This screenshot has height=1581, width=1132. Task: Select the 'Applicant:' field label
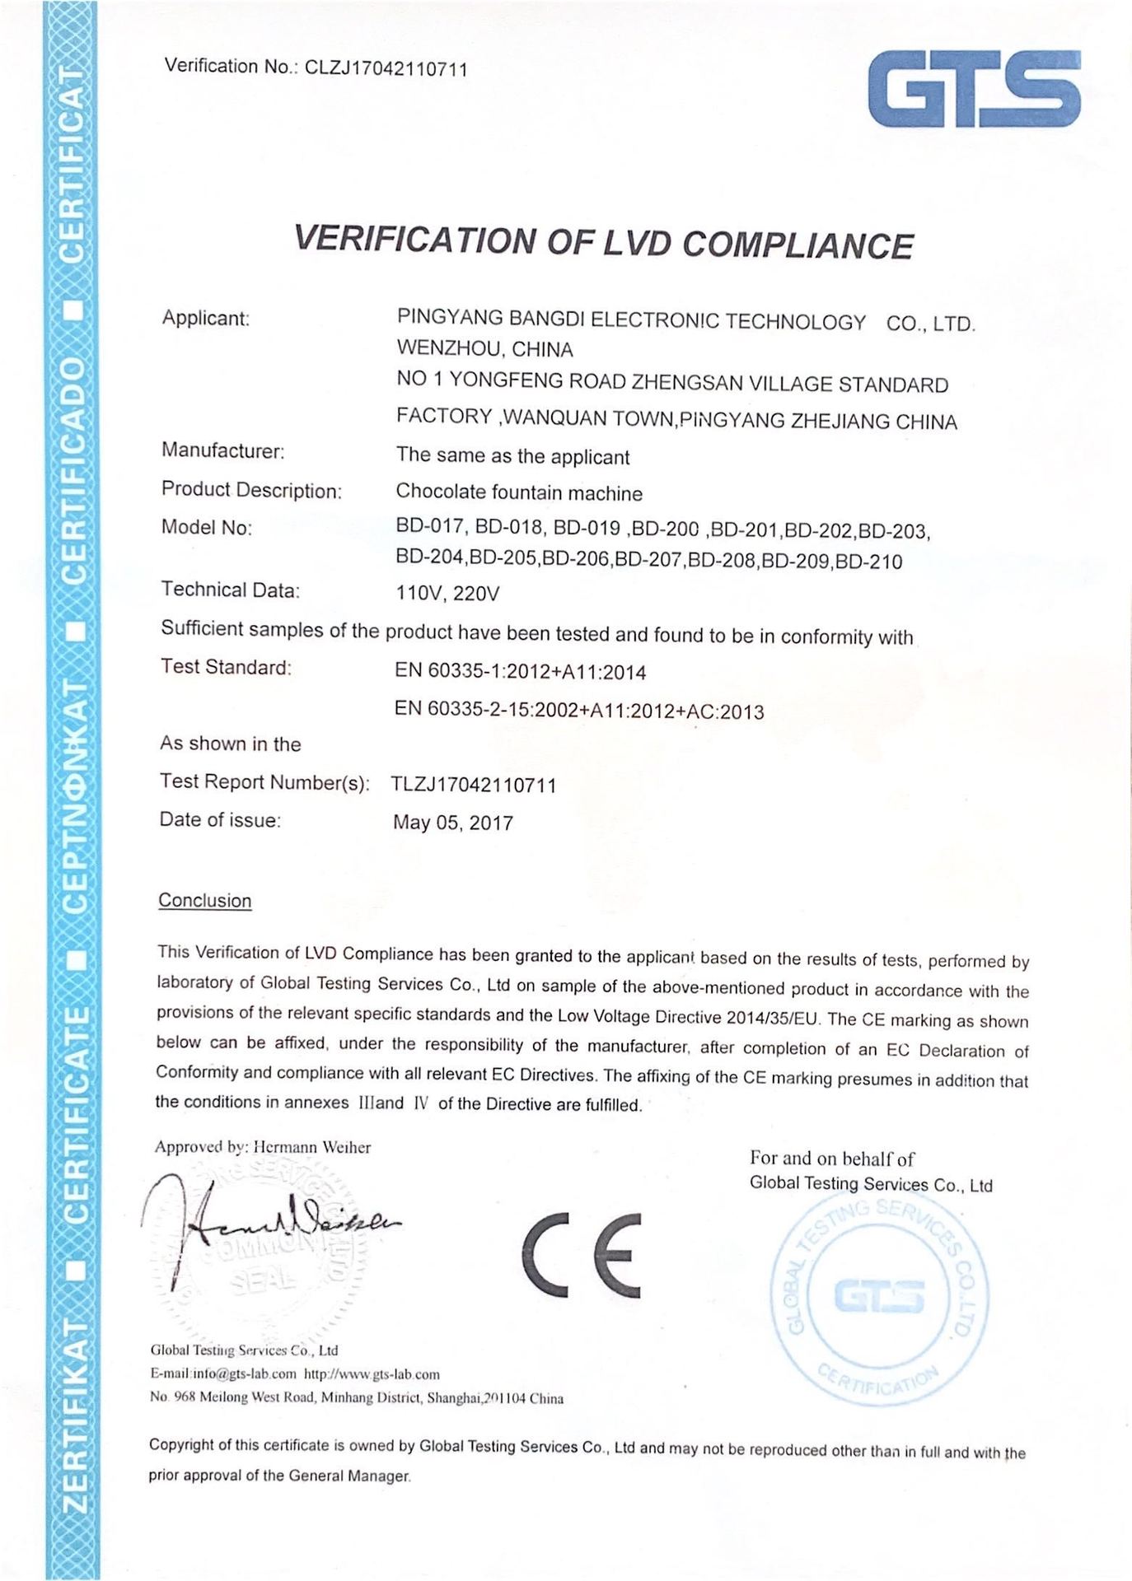(205, 318)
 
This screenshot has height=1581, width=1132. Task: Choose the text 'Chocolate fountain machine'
(519, 492)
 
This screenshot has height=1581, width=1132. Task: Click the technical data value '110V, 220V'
(447, 594)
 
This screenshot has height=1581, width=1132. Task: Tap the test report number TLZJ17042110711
(474, 785)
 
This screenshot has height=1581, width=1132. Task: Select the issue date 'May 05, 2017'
(453, 823)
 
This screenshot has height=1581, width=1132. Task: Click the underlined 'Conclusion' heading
(204, 901)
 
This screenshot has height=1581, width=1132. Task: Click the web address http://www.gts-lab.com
(372, 1373)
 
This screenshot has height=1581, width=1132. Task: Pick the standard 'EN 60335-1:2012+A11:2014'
(521, 672)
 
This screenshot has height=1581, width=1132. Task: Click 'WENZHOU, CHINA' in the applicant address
(484, 349)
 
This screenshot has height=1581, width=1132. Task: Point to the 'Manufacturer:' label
(222, 450)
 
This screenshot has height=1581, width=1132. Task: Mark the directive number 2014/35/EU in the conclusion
(774, 1018)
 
